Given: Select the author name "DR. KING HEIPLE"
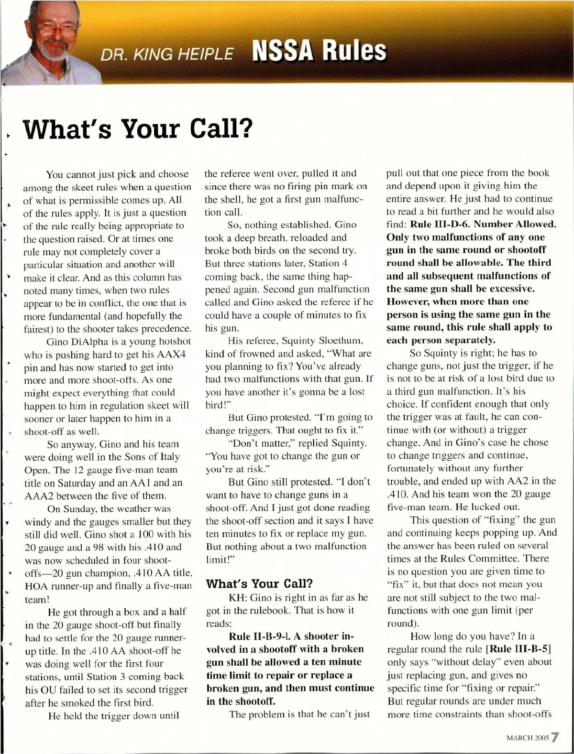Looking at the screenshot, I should coord(167,54).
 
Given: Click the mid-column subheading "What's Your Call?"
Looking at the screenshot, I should coord(259,583).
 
